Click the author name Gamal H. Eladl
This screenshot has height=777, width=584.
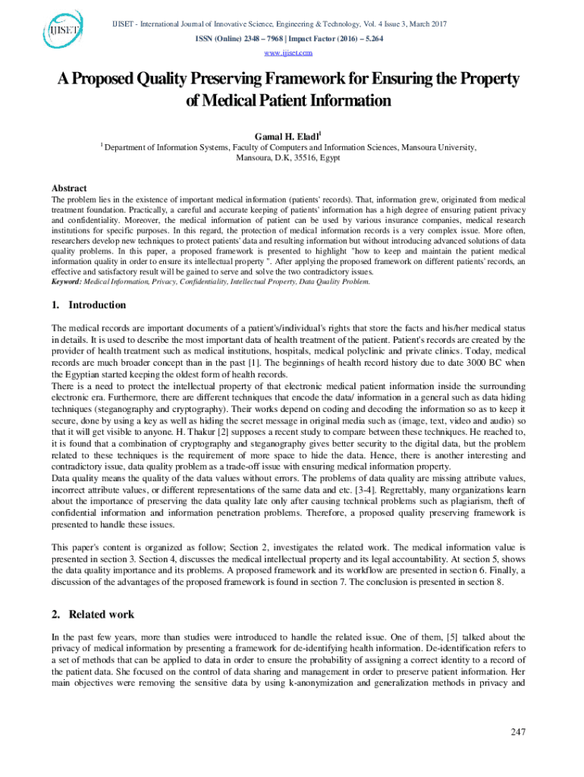[290, 135]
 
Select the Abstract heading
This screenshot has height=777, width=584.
[68, 188]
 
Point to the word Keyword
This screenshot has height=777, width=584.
[66, 282]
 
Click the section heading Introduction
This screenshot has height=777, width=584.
[97, 305]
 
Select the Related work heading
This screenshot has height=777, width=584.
[101, 614]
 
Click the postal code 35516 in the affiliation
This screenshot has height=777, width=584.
[300, 158]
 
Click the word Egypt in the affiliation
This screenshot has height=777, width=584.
[330, 158]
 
